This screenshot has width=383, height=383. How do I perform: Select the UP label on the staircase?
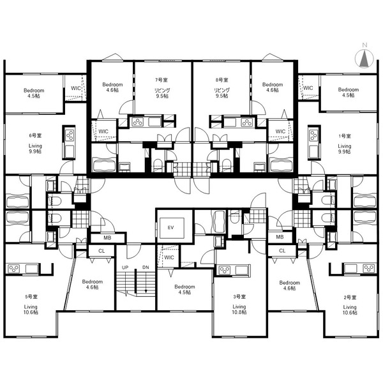pyautogui.click(x=125, y=267)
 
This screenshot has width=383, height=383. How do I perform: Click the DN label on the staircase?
pyautogui.click(x=146, y=267)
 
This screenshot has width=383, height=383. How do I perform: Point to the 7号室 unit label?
pyautogui.click(x=161, y=80)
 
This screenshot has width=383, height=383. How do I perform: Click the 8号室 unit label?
pyautogui.click(x=222, y=80)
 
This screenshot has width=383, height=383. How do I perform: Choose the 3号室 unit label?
pyautogui.click(x=239, y=297)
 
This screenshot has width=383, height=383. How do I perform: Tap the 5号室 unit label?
pyautogui.click(x=31, y=297)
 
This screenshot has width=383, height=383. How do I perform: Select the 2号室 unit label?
pyautogui.click(x=350, y=297)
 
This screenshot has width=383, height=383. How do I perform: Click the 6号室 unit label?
pyautogui.click(x=35, y=135)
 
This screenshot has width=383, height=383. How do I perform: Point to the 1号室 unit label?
pyautogui.click(x=345, y=136)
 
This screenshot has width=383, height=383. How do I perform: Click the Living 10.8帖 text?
pyautogui.click(x=239, y=309)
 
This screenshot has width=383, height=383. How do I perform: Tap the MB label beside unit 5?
pyautogui.click(x=107, y=237)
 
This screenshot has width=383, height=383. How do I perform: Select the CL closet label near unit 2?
pyautogui.click(x=282, y=251)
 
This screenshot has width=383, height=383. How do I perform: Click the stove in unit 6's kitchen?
pyautogui.click(x=70, y=135)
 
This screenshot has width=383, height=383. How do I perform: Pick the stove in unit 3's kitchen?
pyautogui.click(x=225, y=270)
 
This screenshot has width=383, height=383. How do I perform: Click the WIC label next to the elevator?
pyautogui.click(x=169, y=257)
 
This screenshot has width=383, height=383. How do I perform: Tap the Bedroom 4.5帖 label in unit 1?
pyautogui.click(x=349, y=93)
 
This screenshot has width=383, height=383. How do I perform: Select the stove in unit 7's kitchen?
pyautogui.click(x=138, y=122)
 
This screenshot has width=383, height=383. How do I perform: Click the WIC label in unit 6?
pyautogui.click(x=76, y=88)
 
